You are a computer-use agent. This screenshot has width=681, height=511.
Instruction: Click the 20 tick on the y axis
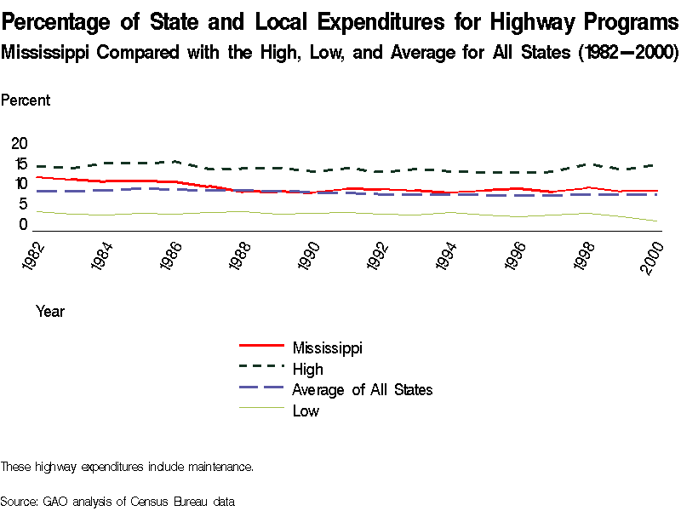[x=19, y=142]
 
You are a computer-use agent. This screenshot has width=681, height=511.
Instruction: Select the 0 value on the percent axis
[x=24, y=225]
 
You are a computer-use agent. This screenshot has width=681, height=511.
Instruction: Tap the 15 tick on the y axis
[x=19, y=163]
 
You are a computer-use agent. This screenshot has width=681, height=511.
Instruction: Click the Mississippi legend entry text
[x=328, y=347]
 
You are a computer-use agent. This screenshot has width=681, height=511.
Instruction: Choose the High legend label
[x=307, y=369]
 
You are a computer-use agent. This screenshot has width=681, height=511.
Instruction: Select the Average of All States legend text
[x=362, y=390]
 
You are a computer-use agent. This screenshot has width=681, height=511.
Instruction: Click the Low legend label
[x=306, y=411]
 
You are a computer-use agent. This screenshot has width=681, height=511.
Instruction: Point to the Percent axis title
[x=26, y=100]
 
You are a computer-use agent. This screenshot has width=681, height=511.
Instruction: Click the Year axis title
[x=50, y=312]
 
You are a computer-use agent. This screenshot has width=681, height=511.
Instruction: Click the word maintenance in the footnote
[x=218, y=467]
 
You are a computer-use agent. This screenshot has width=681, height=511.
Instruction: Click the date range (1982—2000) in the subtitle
[x=627, y=52]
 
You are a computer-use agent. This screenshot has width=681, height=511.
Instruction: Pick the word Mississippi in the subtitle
[x=46, y=52]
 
